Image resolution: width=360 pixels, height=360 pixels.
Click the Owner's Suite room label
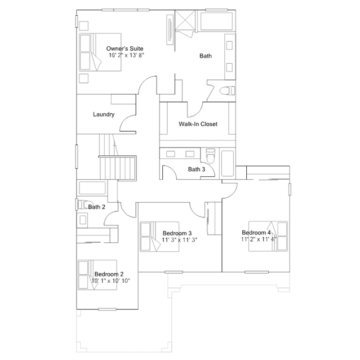125,48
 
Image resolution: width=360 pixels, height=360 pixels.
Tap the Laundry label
104,114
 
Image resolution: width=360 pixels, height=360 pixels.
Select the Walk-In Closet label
198,124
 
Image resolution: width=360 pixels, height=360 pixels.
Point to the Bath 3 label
197,170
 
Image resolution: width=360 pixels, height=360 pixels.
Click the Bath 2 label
97,207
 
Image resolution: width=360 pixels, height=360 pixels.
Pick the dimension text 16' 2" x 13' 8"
126,55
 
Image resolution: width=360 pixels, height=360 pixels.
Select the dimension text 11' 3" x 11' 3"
180,240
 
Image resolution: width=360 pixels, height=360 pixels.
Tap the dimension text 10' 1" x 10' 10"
111,281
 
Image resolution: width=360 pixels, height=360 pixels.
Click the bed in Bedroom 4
268,236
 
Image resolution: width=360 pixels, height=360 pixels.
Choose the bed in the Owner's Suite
100,52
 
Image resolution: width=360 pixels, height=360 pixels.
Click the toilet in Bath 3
211,156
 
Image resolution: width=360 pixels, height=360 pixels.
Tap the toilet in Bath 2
82,205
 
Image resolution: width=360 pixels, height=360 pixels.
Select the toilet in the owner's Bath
227,91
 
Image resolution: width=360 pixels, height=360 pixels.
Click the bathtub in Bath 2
92,188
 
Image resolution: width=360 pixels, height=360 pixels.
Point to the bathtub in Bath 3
228,163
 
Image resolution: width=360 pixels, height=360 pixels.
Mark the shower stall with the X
185,20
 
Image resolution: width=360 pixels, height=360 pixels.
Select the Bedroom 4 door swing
230,190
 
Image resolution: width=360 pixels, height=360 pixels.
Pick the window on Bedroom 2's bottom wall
107,309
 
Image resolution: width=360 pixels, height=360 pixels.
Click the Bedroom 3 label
177,233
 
